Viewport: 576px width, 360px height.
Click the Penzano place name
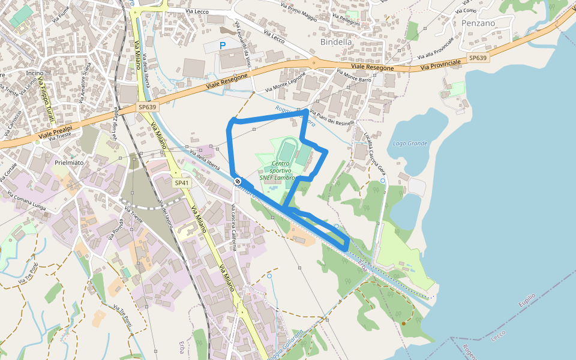click(478, 23)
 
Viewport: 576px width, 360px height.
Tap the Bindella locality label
click(336, 42)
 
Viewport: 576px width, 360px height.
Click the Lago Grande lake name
click(410, 143)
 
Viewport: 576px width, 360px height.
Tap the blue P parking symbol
click(223, 45)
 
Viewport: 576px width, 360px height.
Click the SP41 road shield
click(182, 182)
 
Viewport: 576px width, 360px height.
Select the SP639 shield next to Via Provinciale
click(478, 58)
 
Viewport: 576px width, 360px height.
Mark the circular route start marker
click(238, 181)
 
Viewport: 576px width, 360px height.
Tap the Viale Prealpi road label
click(56, 129)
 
